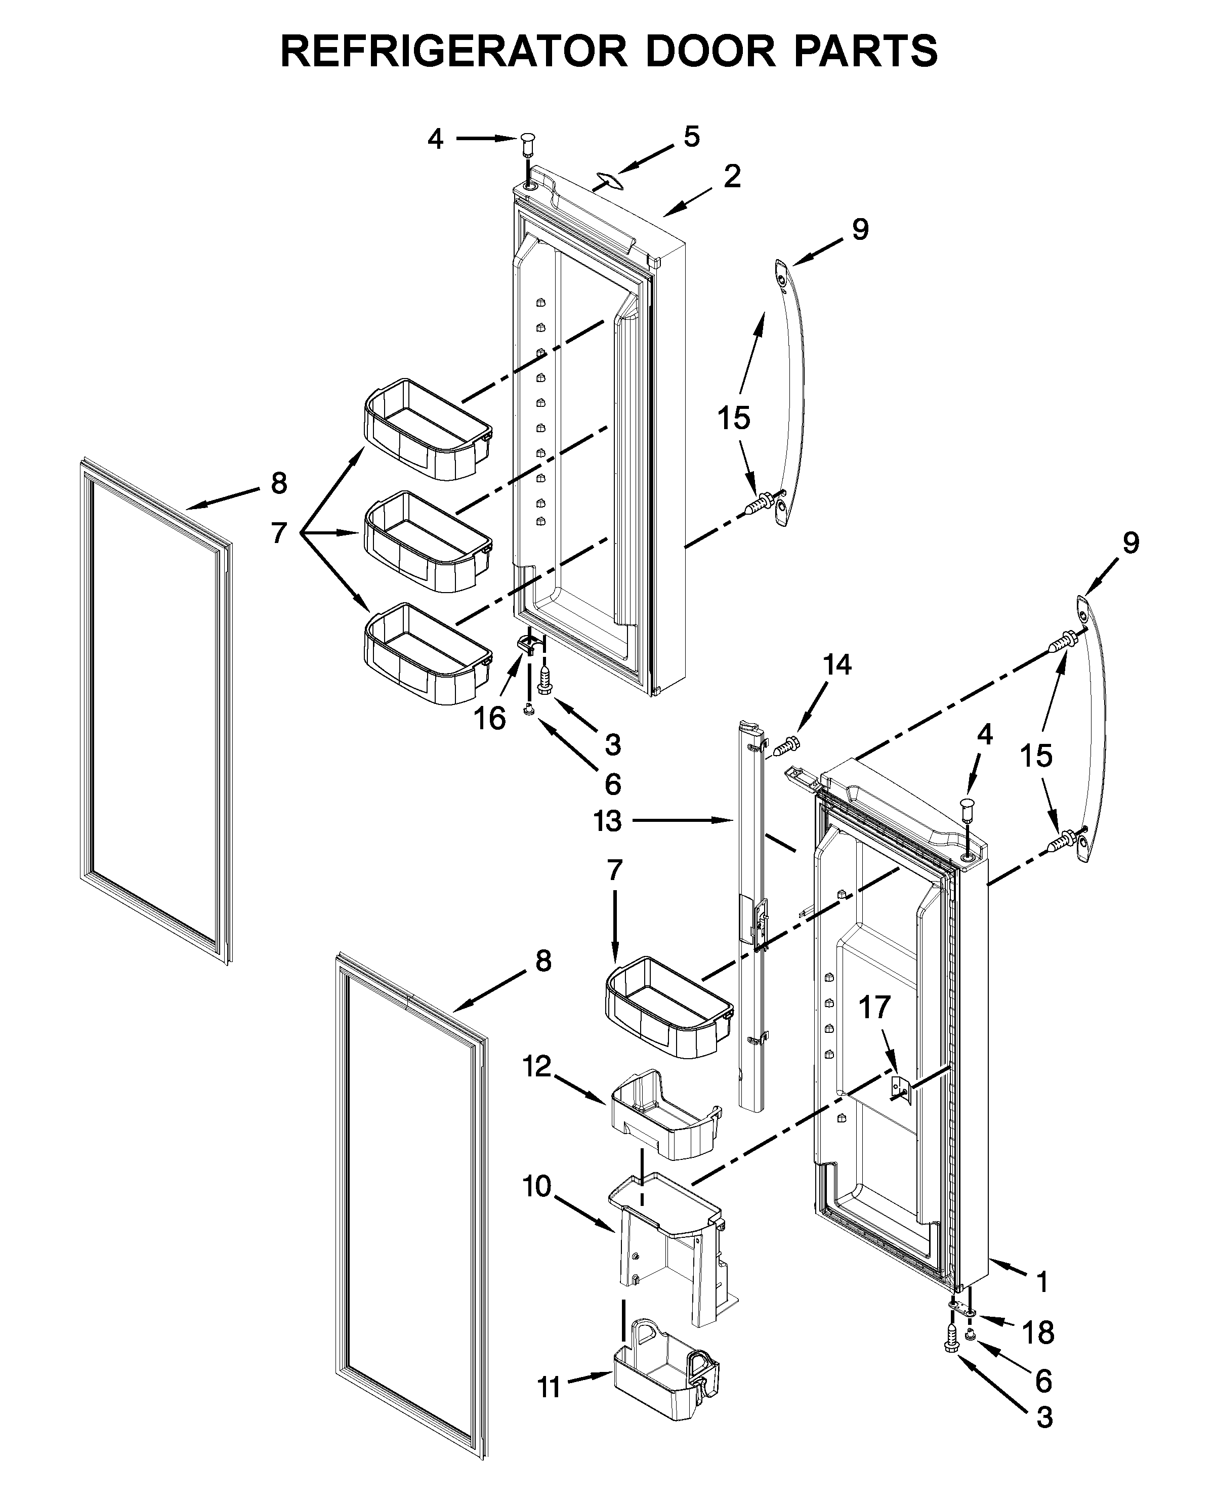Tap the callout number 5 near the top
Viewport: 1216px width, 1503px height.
point(691,137)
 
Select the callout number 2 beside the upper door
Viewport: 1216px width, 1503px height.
point(732,177)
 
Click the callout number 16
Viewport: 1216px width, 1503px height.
point(490,718)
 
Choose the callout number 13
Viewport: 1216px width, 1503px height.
point(607,821)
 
